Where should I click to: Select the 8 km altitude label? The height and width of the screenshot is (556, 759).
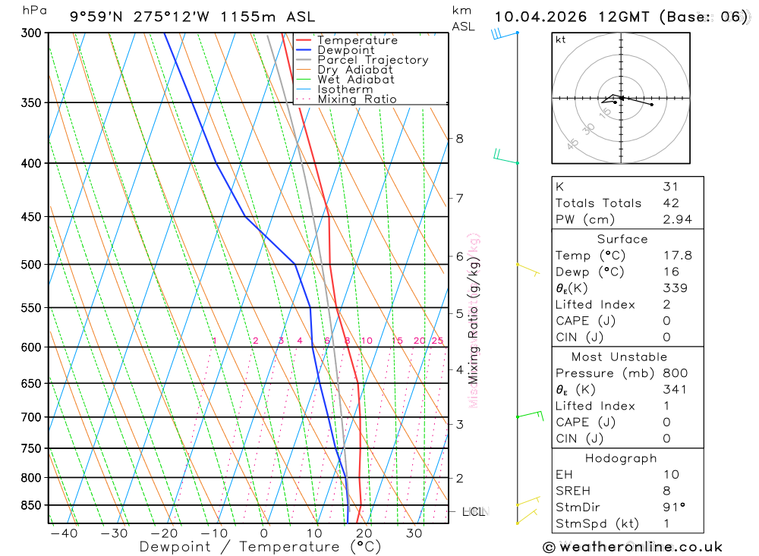(x=459, y=138)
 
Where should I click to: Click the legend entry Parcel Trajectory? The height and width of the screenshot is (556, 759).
(x=373, y=60)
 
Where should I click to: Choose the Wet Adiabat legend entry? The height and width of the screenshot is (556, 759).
(x=356, y=80)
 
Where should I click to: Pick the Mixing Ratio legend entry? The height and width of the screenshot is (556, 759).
(x=357, y=99)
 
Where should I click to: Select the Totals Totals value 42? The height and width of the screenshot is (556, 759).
(x=670, y=203)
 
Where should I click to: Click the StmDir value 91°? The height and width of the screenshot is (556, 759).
(x=672, y=507)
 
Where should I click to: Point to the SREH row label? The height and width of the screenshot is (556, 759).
(x=573, y=491)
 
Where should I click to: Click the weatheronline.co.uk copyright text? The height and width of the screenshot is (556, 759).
(x=632, y=547)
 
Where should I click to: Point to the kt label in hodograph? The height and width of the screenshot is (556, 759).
(x=561, y=39)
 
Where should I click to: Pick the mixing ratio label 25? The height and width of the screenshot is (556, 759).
(x=437, y=341)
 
